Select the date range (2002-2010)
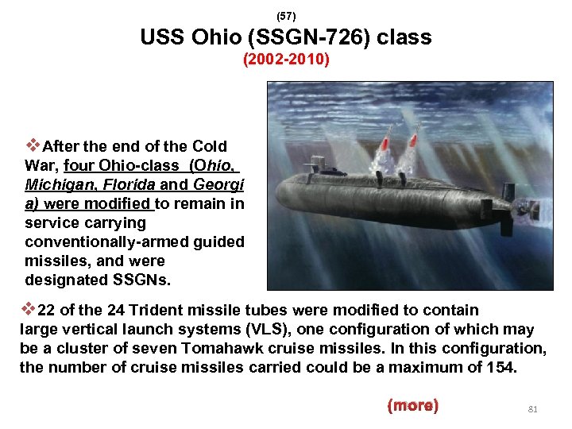(286, 60)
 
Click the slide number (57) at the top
(285, 15)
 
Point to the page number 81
(533, 409)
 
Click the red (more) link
(412, 406)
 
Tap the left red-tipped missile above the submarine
(385, 146)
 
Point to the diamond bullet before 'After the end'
(33, 145)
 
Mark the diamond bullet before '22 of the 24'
(27, 309)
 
